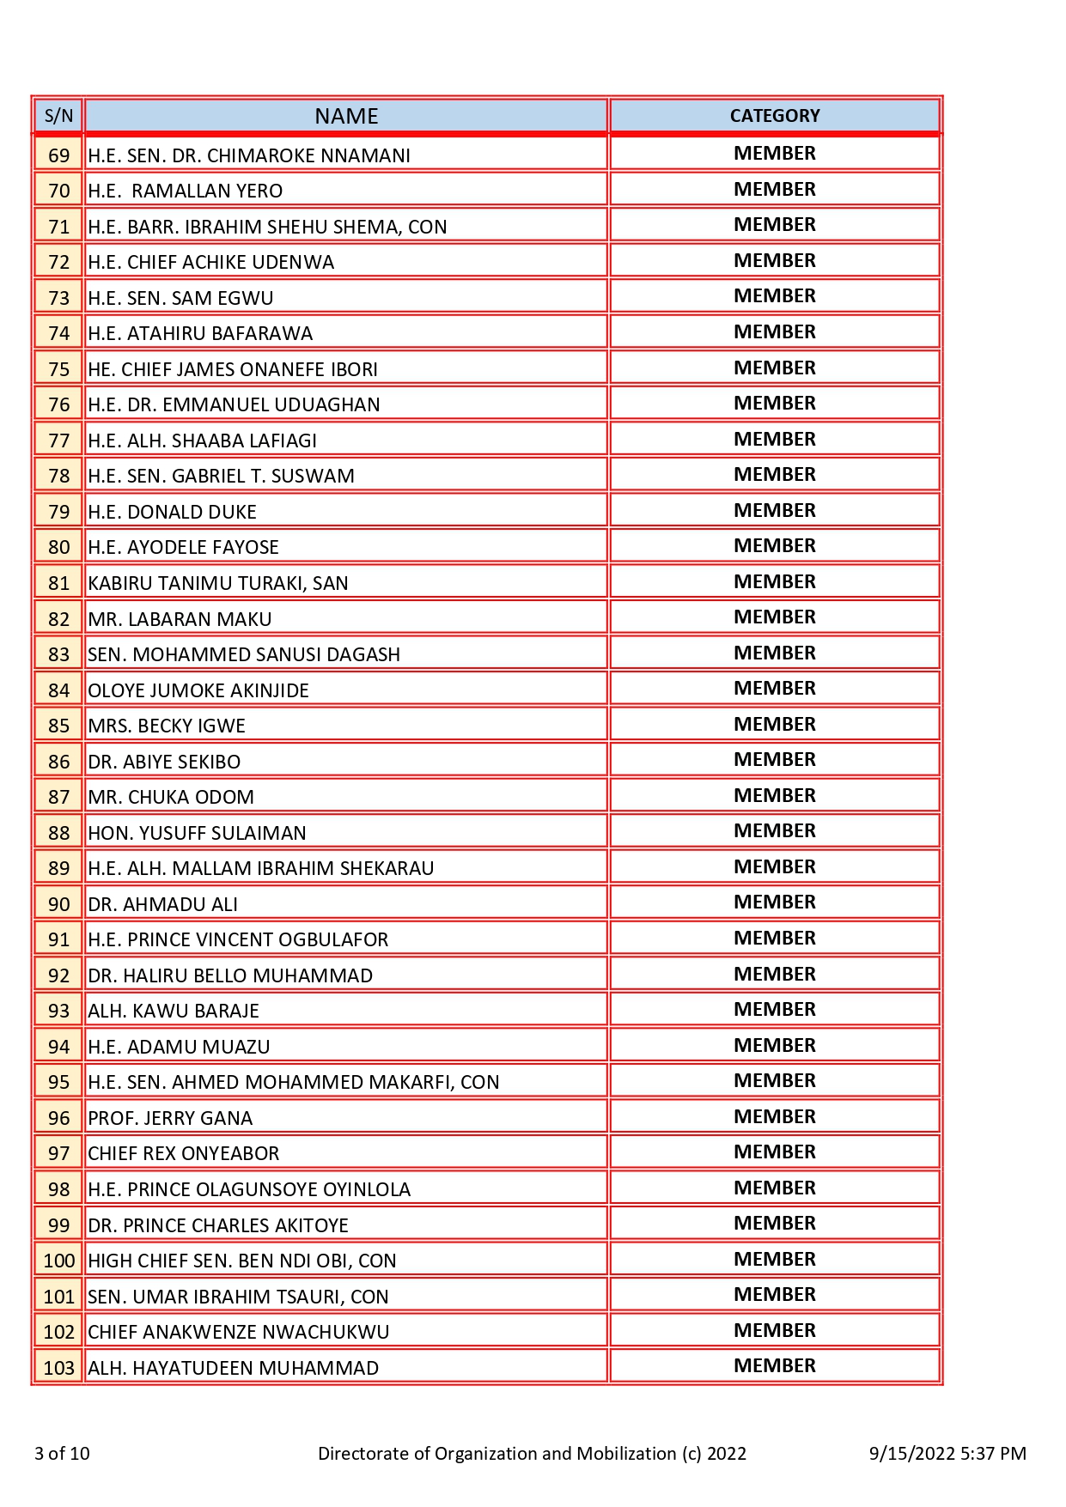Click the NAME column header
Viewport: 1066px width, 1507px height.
[x=346, y=116]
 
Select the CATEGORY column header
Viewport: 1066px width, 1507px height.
[x=775, y=116]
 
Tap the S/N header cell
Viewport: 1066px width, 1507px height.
[x=58, y=116]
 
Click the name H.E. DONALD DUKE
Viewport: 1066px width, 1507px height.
[x=172, y=512]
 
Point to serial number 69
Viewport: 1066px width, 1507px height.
[x=58, y=155]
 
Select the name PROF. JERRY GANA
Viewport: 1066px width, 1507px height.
[x=170, y=1118]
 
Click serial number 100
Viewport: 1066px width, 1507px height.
[x=58, y=1261]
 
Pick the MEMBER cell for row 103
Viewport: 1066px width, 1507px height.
[x=775, y=1365]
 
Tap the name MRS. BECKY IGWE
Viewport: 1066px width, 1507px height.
[x=167, y=726]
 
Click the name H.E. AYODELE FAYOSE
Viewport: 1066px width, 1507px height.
[x=183, y=547]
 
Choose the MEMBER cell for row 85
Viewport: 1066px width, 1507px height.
[x=775, y=724]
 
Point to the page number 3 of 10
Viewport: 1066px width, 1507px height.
[x=62, y=1453]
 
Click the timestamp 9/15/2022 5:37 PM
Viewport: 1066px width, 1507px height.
[x=947, y=1453]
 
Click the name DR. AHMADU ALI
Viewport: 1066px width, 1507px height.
[x=162, y=904]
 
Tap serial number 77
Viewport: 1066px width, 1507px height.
[x=58, y=441]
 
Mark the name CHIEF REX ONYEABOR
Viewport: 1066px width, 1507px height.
[x=184, y=1153]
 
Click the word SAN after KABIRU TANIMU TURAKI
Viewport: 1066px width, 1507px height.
[x=331, y=583]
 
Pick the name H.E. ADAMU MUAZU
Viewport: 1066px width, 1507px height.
[x=179, y=1047]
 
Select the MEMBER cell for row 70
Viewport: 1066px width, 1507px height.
[x=775, y=189]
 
